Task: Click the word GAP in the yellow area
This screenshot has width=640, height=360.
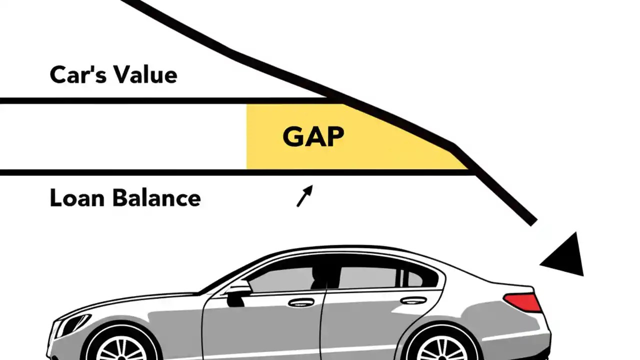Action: point(313,136)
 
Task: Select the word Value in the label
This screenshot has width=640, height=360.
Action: point(145,75)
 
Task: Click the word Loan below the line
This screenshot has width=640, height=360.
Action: point(76,198)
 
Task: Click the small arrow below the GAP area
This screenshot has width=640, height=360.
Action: point(304,196)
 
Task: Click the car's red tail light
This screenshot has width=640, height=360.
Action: point(523,301)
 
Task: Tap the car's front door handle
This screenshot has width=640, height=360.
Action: point(301,302)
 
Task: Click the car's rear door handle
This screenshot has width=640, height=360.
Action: point(413,300)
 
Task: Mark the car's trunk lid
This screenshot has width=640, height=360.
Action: point(505,285)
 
